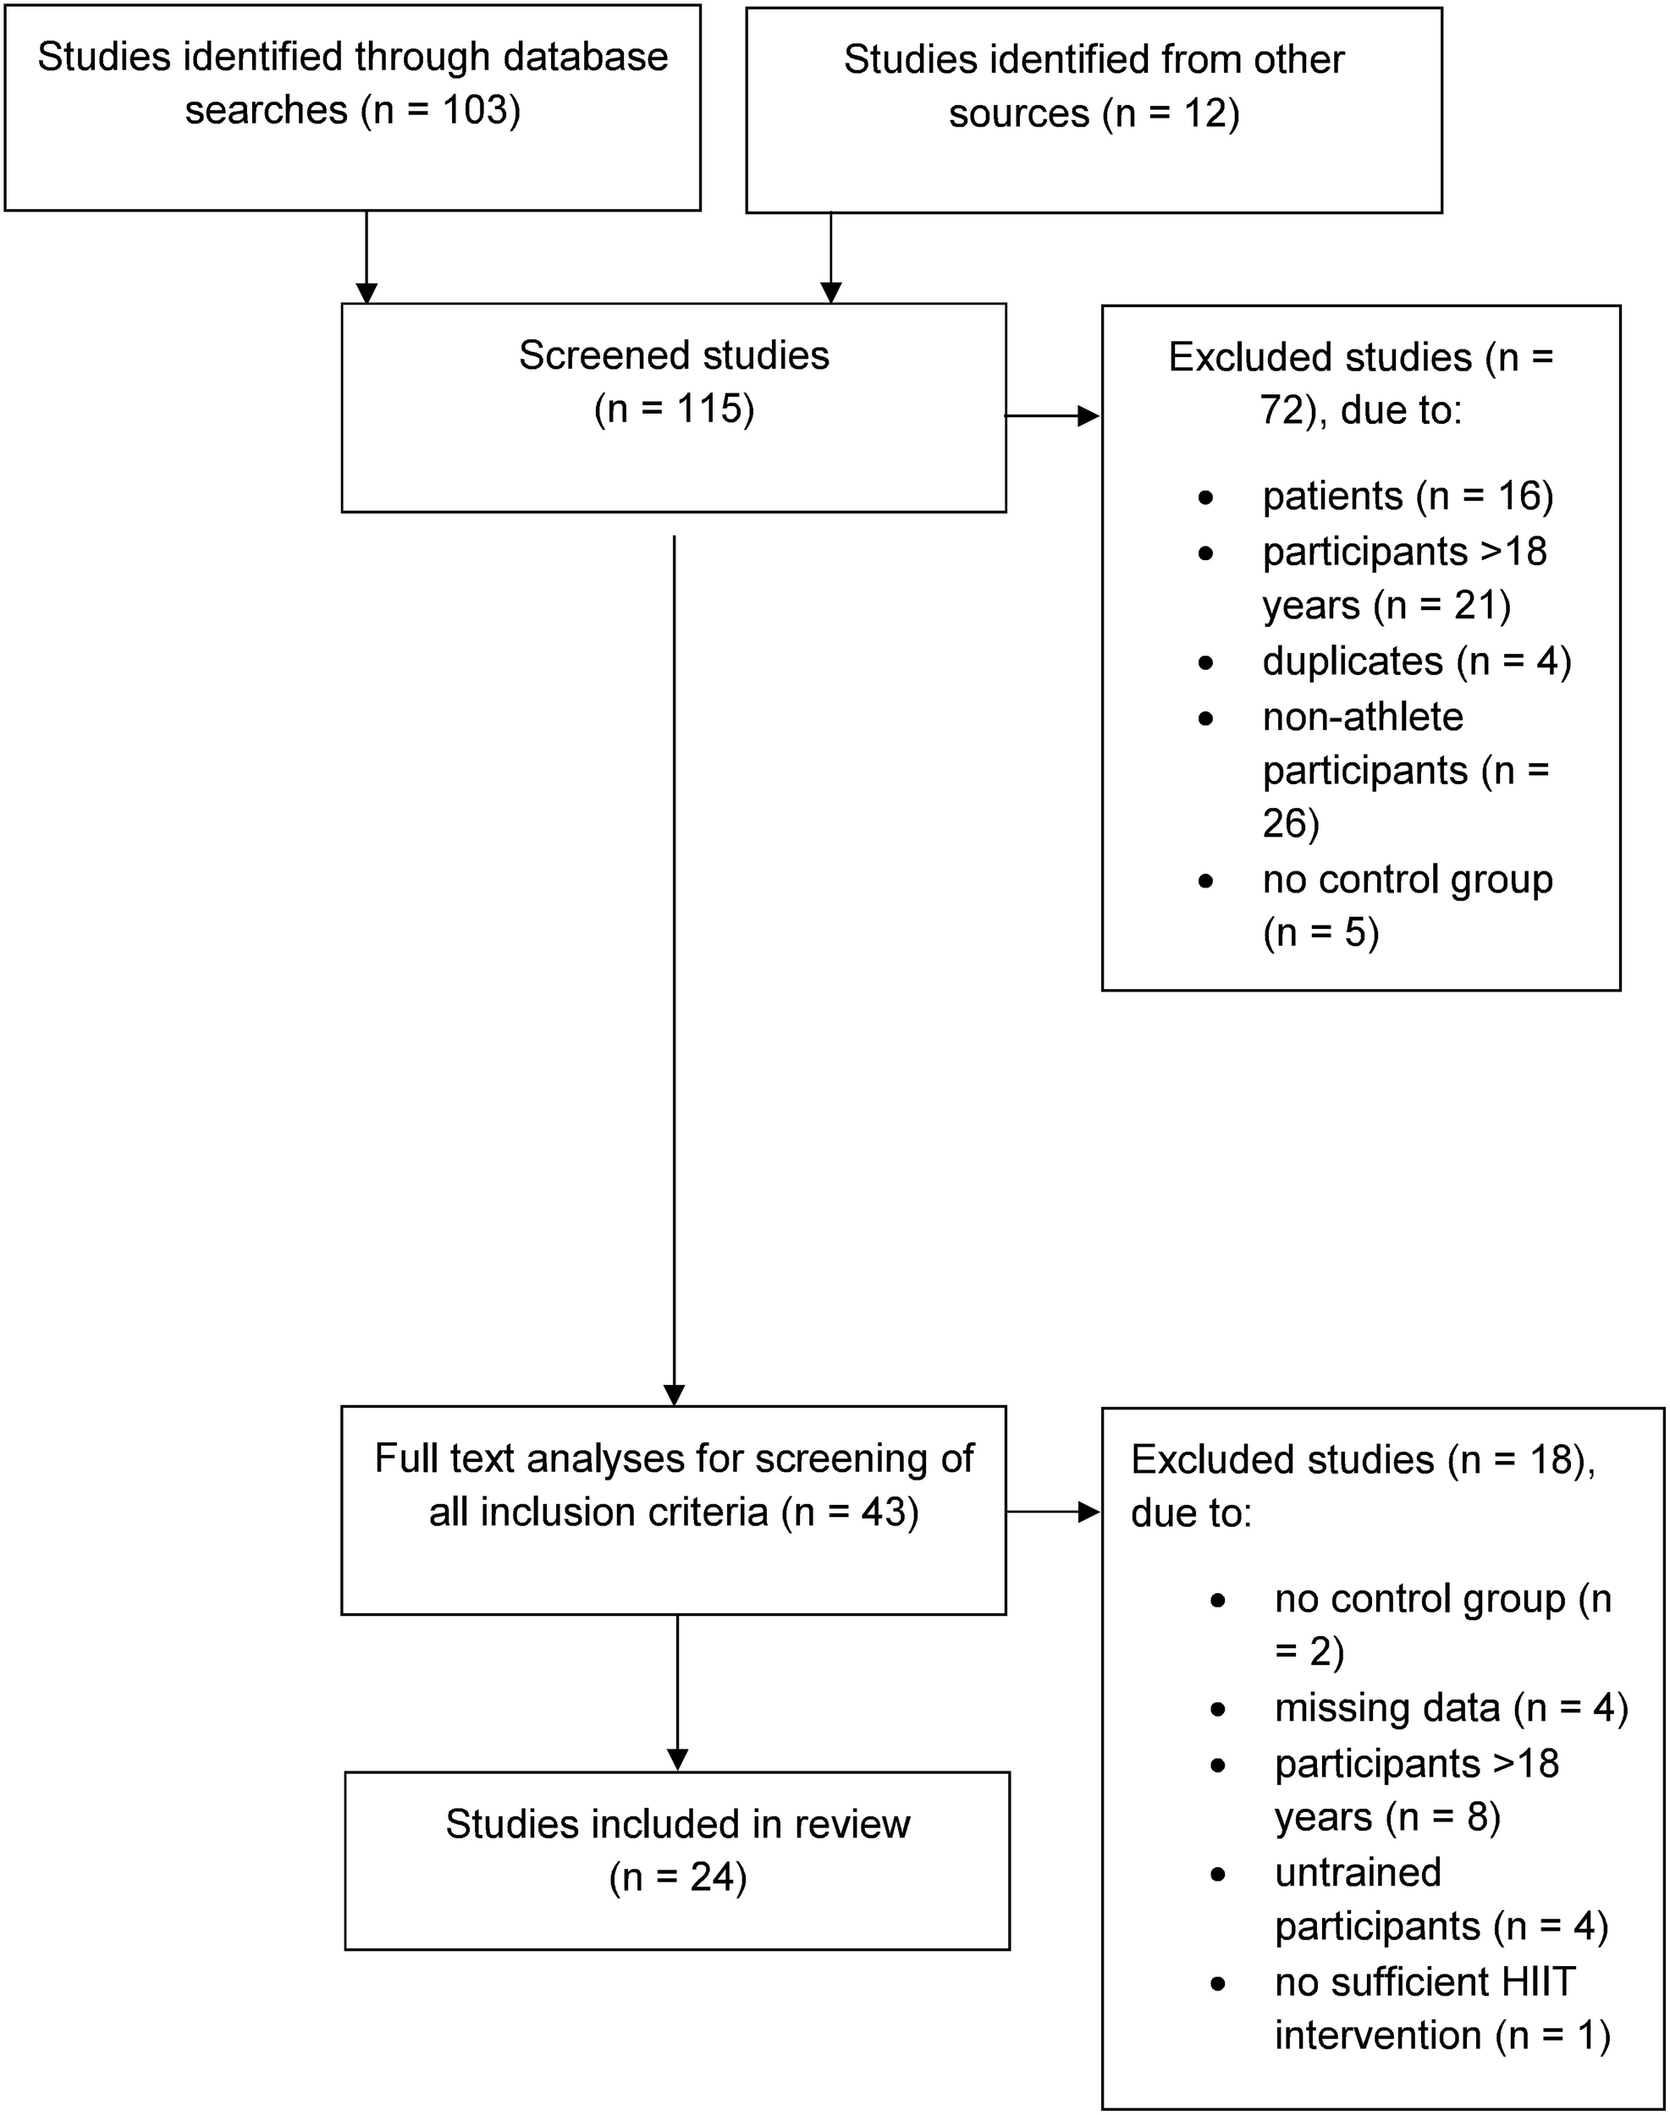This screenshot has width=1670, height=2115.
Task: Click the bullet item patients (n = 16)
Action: [x=1407, y=497]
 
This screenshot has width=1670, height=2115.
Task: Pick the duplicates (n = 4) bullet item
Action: [x=1416, y=662]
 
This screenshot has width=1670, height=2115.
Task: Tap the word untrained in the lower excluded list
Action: [x=1357, y=1872]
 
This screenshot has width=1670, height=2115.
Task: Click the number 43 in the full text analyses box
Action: [x=886, y=1512]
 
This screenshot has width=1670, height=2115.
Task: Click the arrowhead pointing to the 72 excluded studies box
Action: [x=1088, y=416]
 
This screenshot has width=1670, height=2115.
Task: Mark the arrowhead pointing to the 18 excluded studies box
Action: [x=1088, y=1513]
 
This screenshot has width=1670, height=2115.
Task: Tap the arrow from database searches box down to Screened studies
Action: [x=367, y=256]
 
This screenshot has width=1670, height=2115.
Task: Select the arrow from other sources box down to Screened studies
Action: [x=830, y=256]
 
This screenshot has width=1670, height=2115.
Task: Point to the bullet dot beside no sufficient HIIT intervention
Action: [x=1218, y=1985]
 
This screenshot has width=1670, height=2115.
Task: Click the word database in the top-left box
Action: [x=585, y=57]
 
